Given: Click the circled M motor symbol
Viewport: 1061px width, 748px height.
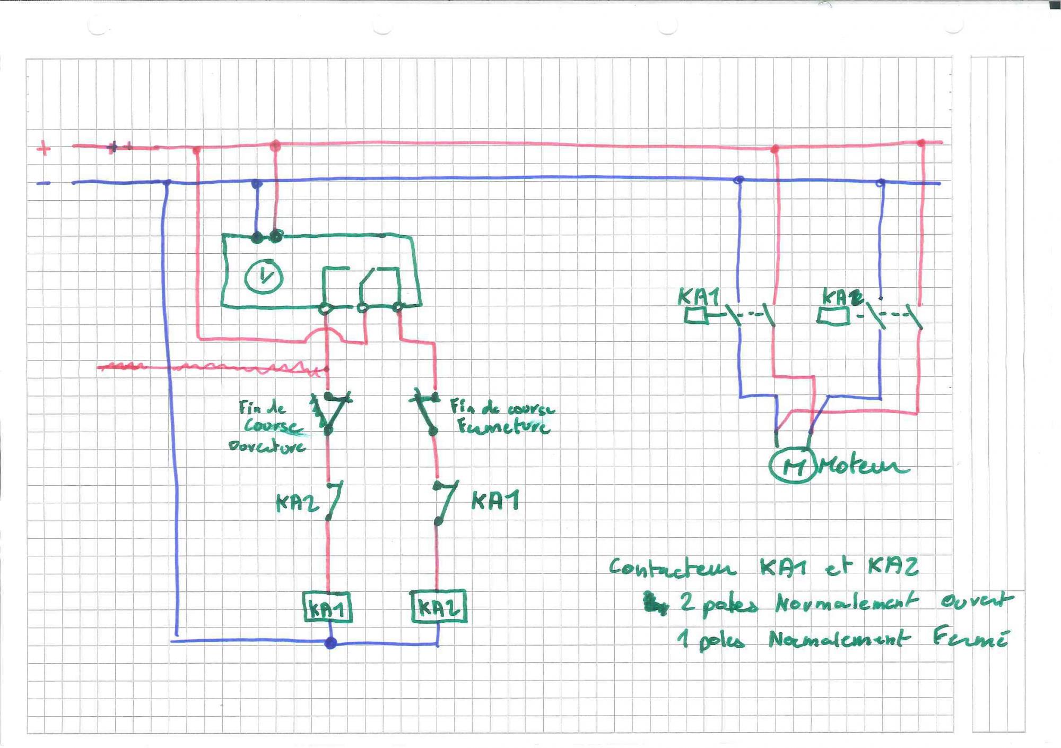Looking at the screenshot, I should (792, 466).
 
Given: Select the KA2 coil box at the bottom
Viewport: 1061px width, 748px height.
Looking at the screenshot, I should (439, 607).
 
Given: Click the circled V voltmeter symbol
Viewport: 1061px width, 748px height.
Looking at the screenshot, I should (264, 276).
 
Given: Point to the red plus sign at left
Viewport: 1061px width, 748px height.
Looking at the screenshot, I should (44, 148).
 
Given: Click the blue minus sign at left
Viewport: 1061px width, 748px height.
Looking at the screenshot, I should (44, 183).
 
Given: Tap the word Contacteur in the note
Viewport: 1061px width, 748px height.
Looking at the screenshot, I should (672, 568).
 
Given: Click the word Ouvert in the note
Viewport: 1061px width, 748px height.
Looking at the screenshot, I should (976, 601).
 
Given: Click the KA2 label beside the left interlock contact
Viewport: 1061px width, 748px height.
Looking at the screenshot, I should (297, 502).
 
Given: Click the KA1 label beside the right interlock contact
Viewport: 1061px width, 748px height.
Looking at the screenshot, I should (495, 501).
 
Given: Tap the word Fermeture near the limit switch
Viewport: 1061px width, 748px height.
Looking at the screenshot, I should (503, 426).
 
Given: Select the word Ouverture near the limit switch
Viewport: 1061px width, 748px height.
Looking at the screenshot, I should (267, 446).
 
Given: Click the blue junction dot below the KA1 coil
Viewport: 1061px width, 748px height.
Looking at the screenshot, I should (331, 643).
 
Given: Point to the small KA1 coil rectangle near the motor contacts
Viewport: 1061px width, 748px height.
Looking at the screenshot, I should (695, 316).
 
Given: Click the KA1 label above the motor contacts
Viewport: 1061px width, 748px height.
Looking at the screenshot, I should (699, 296).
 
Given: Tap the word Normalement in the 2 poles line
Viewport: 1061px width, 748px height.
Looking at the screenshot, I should (846, 603).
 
